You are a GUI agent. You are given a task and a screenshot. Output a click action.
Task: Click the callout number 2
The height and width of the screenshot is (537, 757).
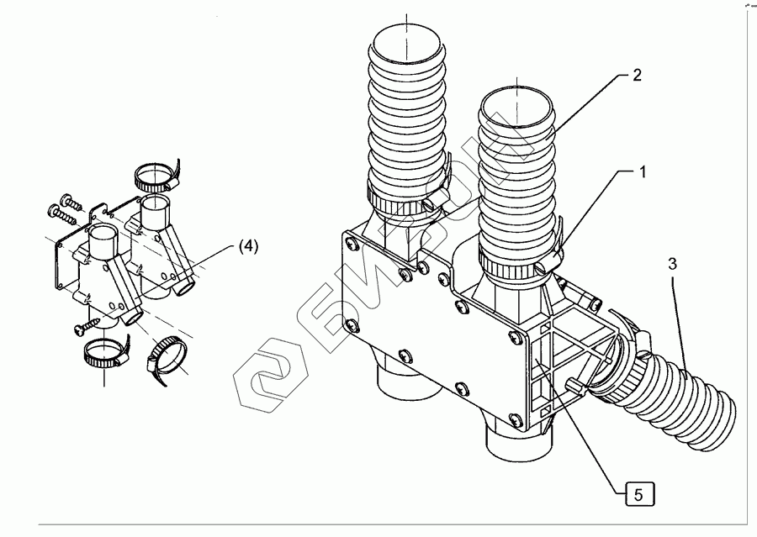tap(637, 75)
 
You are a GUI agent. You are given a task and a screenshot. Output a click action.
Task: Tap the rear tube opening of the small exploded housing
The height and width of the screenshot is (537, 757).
tap(155, 203)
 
